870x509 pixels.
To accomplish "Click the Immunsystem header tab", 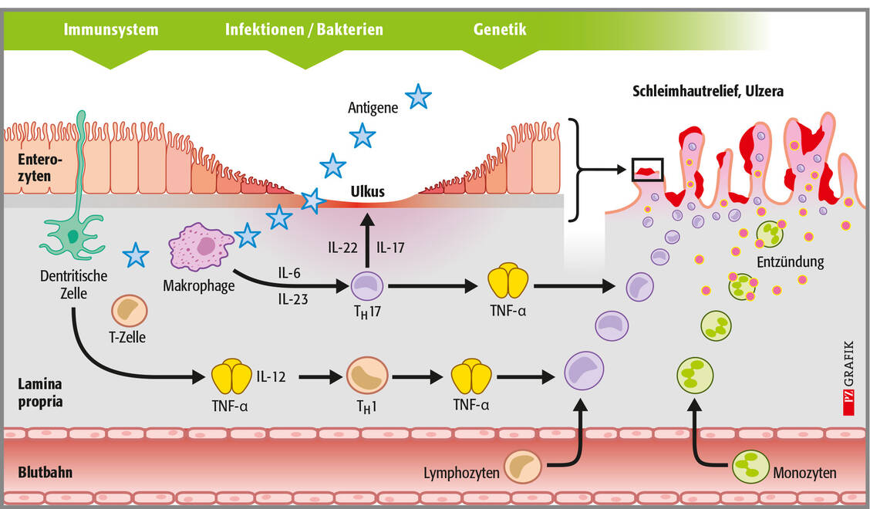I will pyautogui.click(x=112, y=30).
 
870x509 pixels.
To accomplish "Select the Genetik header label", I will pyautogui.click(x=500, y=30).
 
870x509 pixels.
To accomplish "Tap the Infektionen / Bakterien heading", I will pyautogui.click(x=304, y=30).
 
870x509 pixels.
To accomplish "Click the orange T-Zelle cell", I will pyautogui.click(x=128, y=310).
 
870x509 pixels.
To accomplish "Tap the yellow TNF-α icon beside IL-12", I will pyautogui.click(x=231, y=377).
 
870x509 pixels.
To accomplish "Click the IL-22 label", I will pyautogui.click(x=340, y=248).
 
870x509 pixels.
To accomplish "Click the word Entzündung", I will pyautogui.click(x=790, y=262).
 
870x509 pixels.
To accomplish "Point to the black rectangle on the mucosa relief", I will pyautogui.click(x=647, y=169).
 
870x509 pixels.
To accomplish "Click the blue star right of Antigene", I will pyautogui.click(x=418, y=96).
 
